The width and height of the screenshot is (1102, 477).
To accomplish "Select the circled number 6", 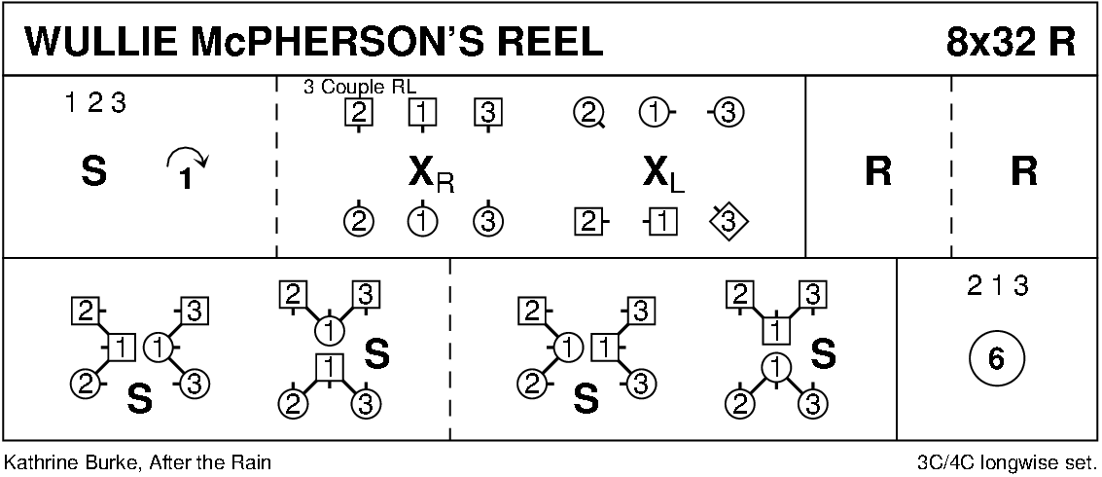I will coord(995,359).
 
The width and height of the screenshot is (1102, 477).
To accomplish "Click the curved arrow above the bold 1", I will coord(188,156).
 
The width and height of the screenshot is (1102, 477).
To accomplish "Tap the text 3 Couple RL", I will coord(353,86).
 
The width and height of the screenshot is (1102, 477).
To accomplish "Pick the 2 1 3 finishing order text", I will coord(997,286).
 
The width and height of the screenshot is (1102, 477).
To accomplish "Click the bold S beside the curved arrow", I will coord(93,173).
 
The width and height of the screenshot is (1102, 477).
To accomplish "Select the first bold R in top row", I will coord(877,173).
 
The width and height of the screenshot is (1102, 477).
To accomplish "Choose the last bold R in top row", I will coord(1023,173).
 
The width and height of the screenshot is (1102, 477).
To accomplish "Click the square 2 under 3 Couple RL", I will coord(359,113).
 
